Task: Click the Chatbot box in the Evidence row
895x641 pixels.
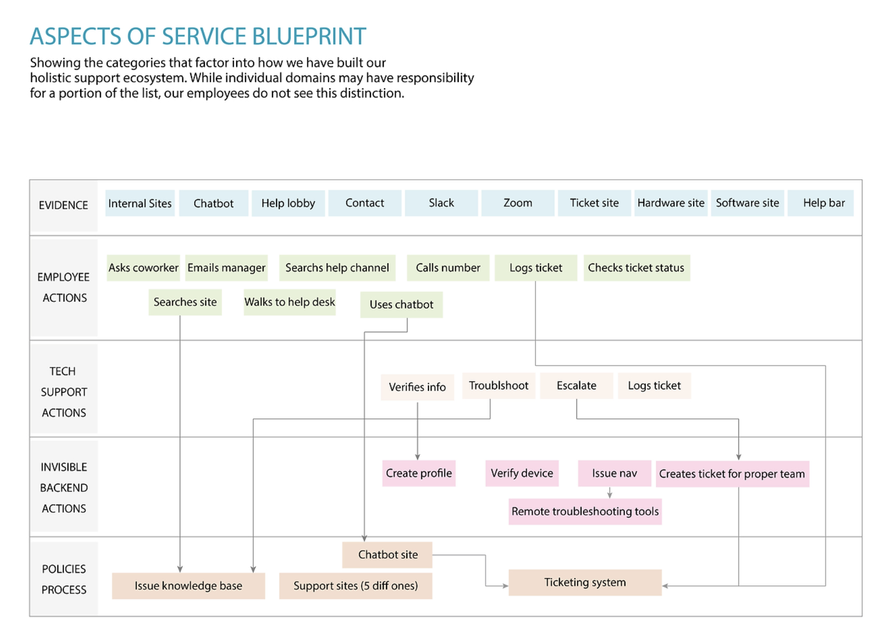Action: tap(213, 203)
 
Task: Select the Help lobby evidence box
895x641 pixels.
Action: tap(288, 203)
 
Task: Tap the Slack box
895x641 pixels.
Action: tap(441, 203)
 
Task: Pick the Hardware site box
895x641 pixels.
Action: tap(670, 203)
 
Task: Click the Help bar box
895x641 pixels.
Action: tap(823, 203)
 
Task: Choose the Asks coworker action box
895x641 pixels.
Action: tap(143, 268)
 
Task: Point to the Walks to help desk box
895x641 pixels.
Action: tap(289, 302)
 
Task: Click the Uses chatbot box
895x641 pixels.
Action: tap(401, 304)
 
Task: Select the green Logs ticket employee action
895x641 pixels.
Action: tap(535, 268)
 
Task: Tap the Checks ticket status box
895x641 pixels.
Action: tap(636, 268)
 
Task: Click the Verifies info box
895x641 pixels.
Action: tap(417, 387)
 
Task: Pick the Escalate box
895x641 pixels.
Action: tap(576, 386)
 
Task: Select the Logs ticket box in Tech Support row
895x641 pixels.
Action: tap(654, 386)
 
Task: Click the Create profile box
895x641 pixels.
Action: tap(419, 473)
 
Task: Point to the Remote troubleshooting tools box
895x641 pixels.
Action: tap(585, 512)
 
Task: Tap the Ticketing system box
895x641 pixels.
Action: tap(585, 582)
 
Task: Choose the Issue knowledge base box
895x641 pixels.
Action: tap(188, 586)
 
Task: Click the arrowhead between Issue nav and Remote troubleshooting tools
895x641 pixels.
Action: tap(609, 495)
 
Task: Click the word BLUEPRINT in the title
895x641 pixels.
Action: tap(309, 36)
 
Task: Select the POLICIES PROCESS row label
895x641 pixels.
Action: tap(64, 579)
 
